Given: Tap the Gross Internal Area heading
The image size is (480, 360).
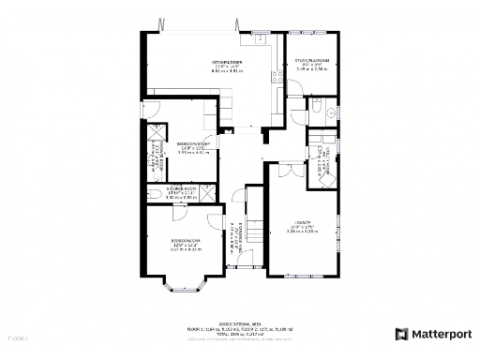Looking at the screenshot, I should (x=241, y=322).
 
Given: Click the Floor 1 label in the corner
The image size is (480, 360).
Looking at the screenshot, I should (x=17, y=335).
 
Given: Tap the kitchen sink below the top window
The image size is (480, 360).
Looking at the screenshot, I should (x=260, y=40).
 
